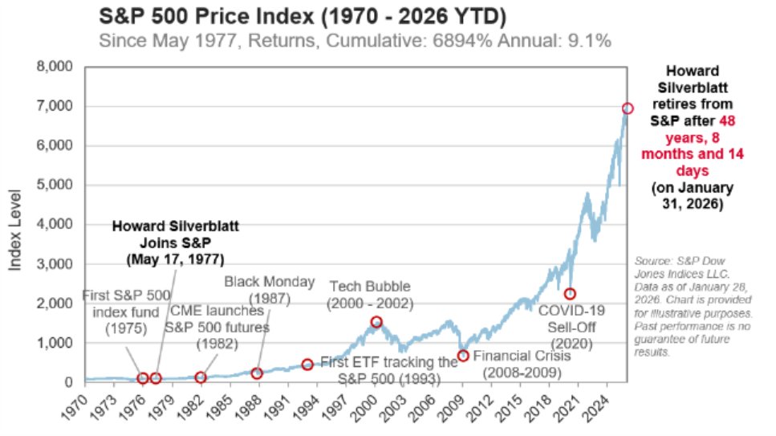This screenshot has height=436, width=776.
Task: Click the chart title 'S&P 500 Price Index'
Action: tap(215, 16)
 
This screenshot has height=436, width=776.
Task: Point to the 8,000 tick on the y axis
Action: tap(57, 67)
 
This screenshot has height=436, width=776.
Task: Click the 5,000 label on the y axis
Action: tap(57, 185)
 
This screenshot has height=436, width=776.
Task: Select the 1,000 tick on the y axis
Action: tap(57, 344)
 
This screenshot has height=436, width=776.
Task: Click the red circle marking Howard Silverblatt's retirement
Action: tap(628, 108)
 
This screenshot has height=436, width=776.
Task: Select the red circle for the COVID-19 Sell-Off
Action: tap(570, 294)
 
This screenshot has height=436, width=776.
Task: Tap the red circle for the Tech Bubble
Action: tap(376, 322)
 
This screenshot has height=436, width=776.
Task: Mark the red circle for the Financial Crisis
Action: tap(463, 356)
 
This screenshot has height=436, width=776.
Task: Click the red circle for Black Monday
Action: tap(257, 373)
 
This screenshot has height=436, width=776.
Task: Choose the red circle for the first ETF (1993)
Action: tap(307, 365)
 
